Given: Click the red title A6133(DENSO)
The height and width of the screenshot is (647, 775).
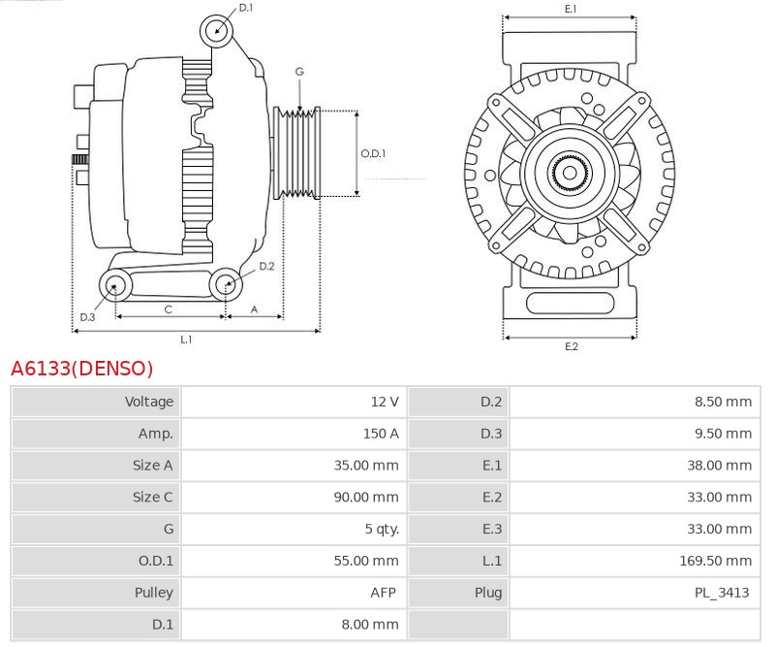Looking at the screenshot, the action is coord(82,369).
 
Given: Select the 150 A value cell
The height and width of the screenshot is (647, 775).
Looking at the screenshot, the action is coord(381,434).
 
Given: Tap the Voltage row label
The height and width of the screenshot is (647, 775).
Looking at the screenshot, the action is coord(149,402).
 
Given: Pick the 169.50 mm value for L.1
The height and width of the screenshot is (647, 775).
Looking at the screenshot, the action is coord(715,561).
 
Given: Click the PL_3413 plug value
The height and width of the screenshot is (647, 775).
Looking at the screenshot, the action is coord(722,593).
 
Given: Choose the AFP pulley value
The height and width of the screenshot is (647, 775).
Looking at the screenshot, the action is coord(383,593).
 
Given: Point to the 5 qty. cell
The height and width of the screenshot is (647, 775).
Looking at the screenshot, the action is coord(382,530).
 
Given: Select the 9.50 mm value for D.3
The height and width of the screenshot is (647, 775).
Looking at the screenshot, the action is coord(723,434).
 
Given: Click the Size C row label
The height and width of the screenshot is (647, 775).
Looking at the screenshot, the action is coord(153,497).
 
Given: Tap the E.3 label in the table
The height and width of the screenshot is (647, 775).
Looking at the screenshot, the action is coord(492,529).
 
